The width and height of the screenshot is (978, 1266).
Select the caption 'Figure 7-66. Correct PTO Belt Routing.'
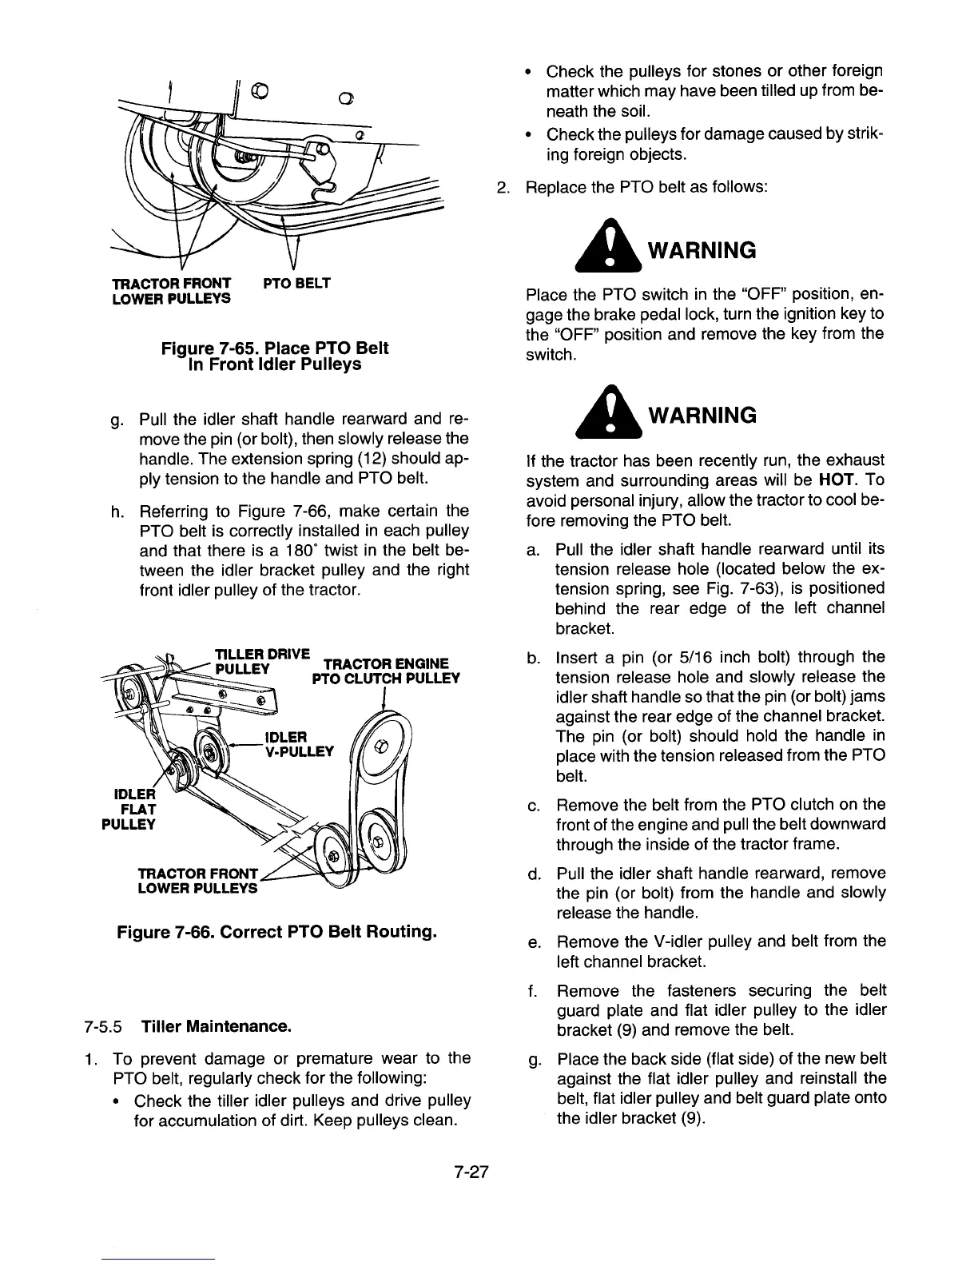(276, 932)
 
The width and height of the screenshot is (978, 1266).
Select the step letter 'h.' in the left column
(118, 511)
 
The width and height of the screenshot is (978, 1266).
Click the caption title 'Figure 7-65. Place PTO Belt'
(275, 348)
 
